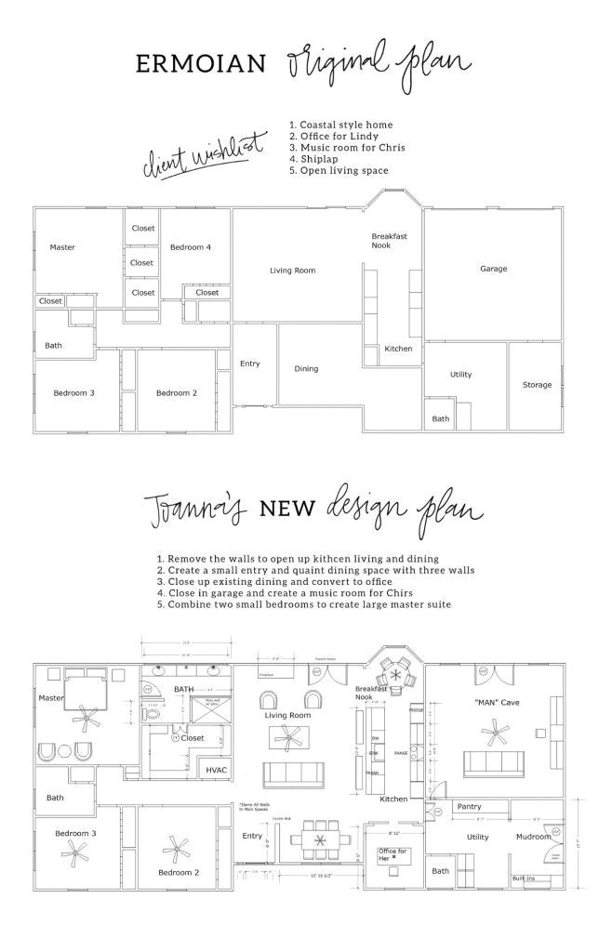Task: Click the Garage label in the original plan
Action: tap(493, 269)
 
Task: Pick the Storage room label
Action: tap(537, 384)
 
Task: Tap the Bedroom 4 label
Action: tap(190, 247)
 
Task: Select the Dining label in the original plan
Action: tap(306, 369)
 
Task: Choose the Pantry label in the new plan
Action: tap(468, 807)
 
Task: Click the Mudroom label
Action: tap(533, 837)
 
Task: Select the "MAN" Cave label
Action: tap(497, 702)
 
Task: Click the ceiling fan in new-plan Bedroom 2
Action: tap(173, 848)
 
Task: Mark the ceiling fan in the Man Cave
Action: tap(491, 734)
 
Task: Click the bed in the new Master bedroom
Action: tap(87, 698)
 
